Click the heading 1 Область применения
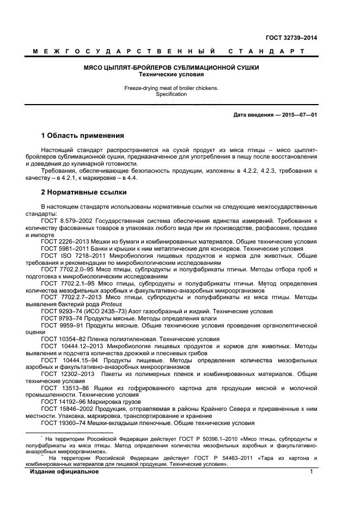point(82,135)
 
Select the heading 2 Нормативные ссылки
point(84,192)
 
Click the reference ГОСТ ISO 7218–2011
point(71,255)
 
